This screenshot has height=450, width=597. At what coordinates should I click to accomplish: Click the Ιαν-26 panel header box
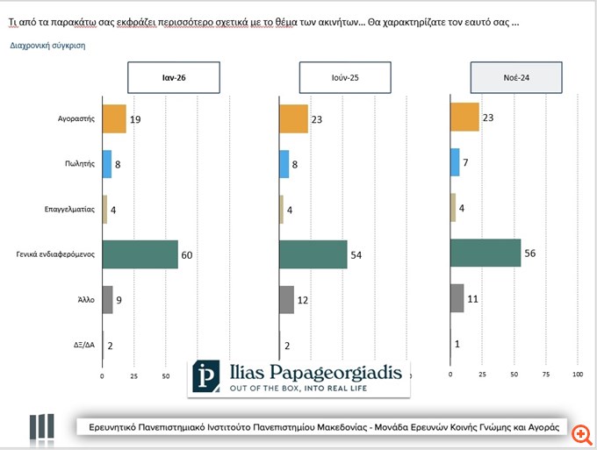point(173,77)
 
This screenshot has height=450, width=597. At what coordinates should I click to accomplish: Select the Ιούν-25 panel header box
point(343,77)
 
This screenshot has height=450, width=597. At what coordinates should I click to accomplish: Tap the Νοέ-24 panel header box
point(514,77)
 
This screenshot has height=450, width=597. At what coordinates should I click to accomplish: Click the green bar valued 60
point(140,254)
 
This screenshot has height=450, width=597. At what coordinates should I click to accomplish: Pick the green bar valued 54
point(313,254)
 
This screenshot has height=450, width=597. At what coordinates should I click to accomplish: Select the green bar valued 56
point(486,253)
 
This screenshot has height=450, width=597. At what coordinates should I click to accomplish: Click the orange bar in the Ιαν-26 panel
point(114,118)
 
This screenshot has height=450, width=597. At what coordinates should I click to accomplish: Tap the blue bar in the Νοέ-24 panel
point(455,161)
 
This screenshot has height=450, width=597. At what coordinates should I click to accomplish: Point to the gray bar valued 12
point(286,299)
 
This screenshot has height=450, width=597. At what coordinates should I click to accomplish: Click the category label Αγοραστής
point(76,118)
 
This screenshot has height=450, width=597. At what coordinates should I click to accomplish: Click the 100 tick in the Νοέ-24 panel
point(578,375)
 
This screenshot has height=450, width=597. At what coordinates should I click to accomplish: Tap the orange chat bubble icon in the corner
point(579,431)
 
